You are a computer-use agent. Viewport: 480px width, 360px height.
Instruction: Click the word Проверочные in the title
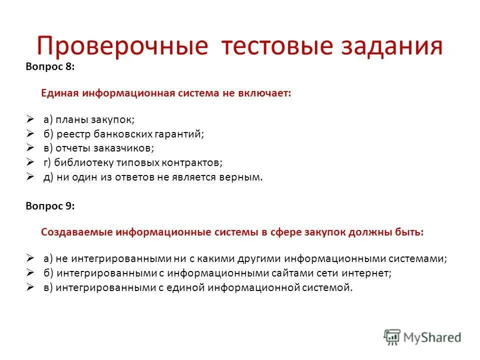(x=122, y=46)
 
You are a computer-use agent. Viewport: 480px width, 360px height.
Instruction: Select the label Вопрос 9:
(x=50, y=206)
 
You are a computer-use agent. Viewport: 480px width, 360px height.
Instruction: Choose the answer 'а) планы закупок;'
(x=89, y=119)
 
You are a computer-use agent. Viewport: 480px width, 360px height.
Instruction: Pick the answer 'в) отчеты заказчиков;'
(x=98, y=148)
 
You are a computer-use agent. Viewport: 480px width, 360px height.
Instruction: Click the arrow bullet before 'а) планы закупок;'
(x=30, y=119)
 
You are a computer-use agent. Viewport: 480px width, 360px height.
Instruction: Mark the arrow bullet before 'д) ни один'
(x=30, y=177)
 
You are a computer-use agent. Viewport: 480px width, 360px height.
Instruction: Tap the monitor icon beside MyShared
(x=392, y=337)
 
